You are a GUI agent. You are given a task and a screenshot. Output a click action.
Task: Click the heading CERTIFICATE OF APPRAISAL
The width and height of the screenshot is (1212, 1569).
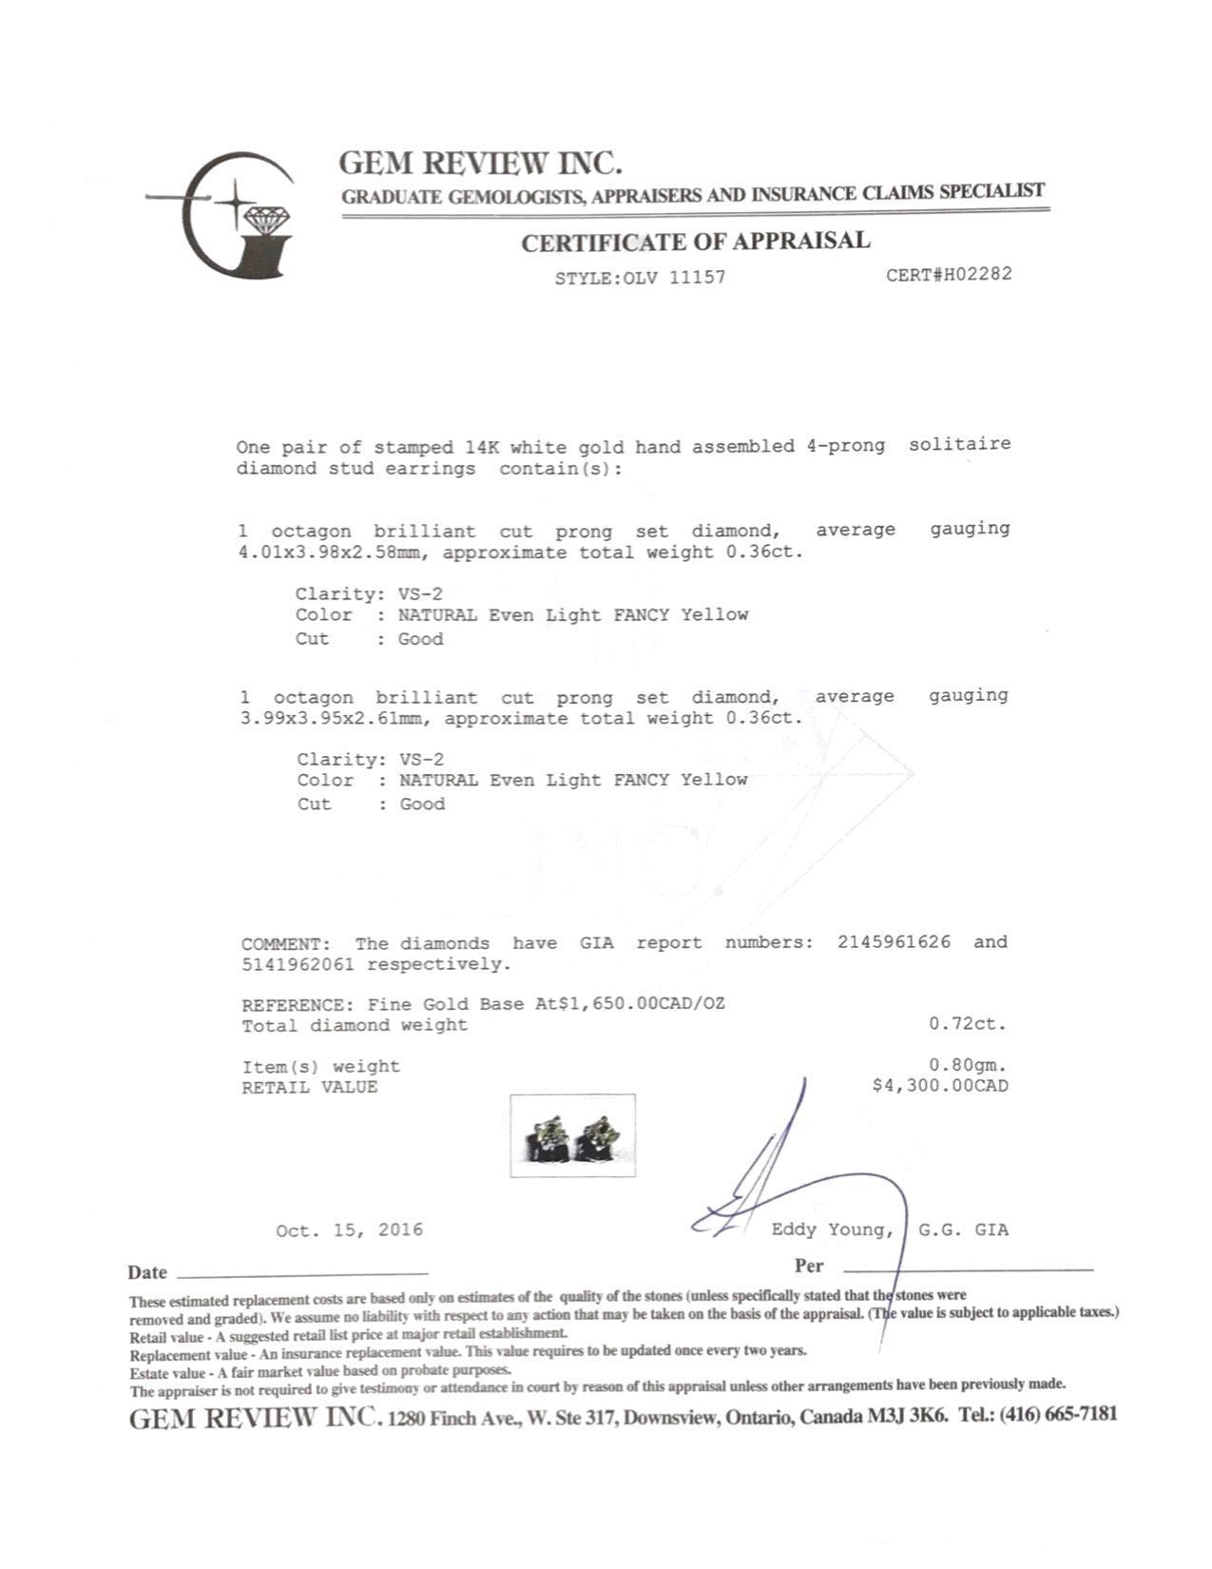[695, 242]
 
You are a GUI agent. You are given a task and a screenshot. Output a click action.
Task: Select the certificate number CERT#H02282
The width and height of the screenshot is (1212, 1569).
[949, 275]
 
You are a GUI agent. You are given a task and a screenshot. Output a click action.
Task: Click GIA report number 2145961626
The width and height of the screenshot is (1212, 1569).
[894, 942]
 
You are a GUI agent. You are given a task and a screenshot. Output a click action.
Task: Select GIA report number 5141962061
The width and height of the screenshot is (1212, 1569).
[298, 965]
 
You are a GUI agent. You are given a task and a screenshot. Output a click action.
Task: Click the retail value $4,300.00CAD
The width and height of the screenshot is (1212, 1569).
[939, 1086]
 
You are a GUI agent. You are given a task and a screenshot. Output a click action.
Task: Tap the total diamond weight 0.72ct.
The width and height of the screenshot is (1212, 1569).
[967, 1024]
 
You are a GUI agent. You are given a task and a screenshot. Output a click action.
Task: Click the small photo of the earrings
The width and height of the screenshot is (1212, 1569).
[572, 1135]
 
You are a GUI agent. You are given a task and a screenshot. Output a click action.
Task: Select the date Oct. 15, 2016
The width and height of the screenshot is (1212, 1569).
[349, 1230]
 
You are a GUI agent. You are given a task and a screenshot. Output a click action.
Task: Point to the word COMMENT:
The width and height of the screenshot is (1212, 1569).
[286, 944]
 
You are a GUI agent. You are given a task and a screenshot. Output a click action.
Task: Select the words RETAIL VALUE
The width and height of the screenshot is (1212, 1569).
[309, 1087]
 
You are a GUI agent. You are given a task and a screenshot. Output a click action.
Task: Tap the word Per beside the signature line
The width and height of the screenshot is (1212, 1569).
[809, 1266]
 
